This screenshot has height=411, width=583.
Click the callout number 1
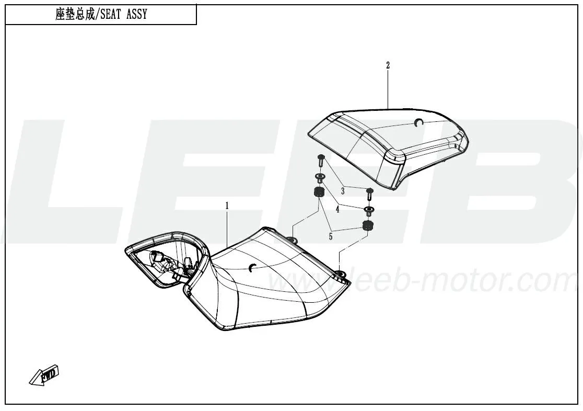click(227, 206)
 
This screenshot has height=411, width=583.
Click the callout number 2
click(388, 65)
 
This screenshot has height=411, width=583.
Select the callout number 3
click(343, 191)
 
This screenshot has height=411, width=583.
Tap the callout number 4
click(337, 210)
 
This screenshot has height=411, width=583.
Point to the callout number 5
click(331, 236)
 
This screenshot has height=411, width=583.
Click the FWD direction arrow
click(44, 374)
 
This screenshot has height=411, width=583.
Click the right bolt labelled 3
click(369, 194)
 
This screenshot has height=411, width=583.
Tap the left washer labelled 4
click(319, 177)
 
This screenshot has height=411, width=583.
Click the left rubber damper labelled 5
click(319, 193)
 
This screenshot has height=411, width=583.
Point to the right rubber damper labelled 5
click(367, 225)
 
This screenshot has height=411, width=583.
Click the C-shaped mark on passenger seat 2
click(417, 122)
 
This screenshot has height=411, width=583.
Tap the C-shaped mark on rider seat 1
click(252, 267)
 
